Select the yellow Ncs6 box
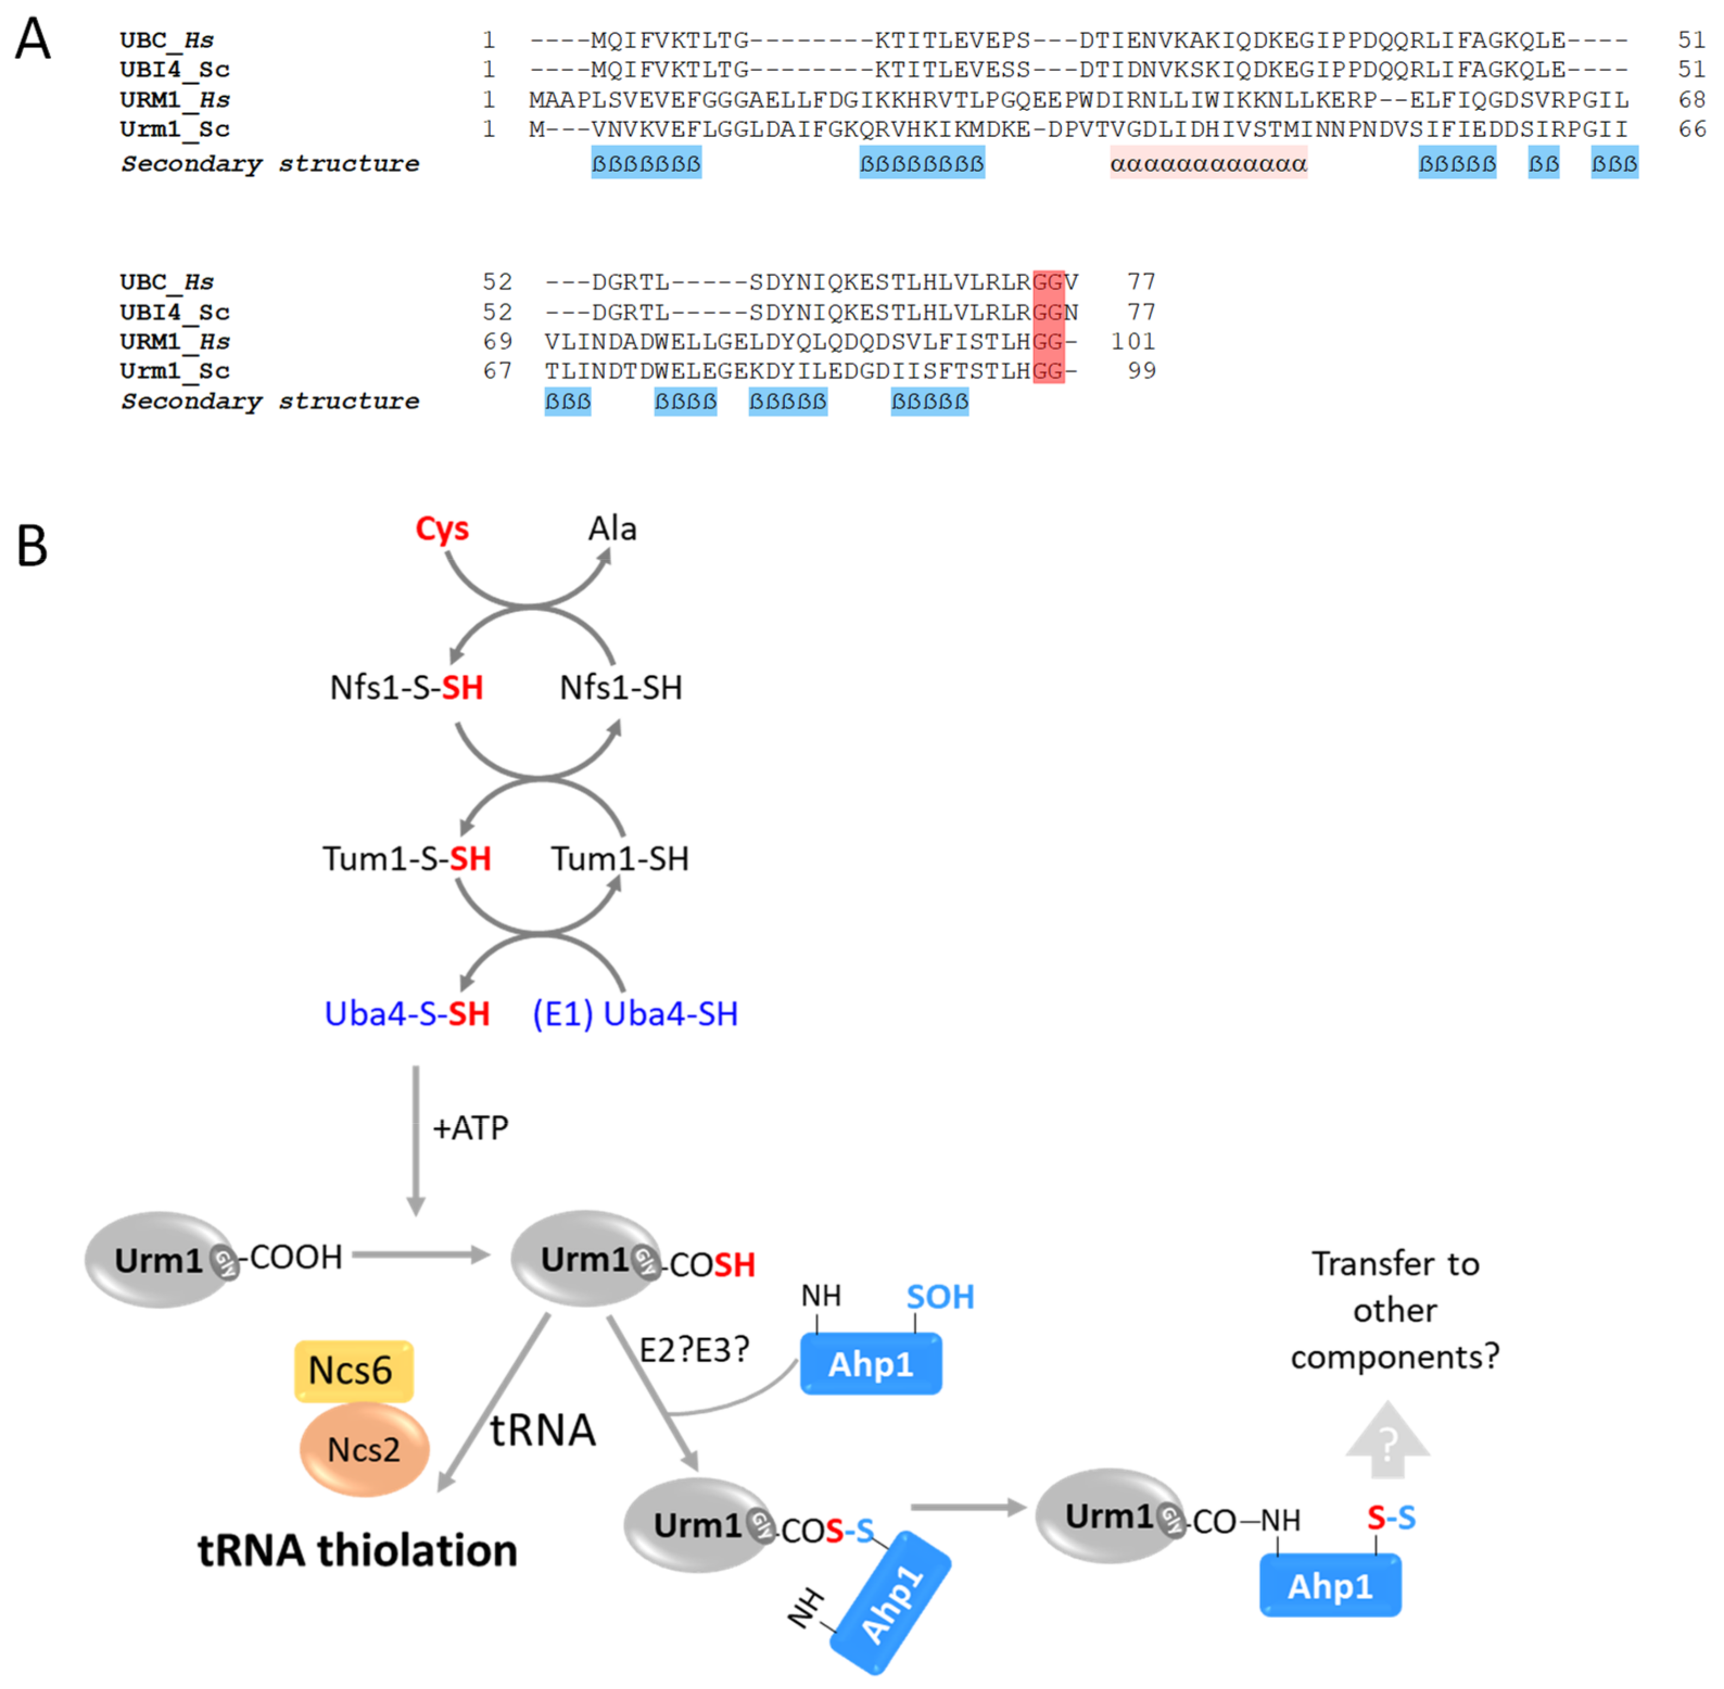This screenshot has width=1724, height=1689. [354, 1370]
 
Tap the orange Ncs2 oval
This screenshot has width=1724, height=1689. [364, 1450]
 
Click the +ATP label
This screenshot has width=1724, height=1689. [470, 1128]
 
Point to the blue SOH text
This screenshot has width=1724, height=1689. [940, 1297]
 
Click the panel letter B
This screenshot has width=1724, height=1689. [32, 547]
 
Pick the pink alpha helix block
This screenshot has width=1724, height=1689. [1208, 164]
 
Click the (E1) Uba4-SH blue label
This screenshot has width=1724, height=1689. [635, 1014]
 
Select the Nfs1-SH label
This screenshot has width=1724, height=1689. [620, 688]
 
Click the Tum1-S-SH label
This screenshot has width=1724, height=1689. [407, 859]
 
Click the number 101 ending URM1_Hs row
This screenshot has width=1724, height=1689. [1133, 341]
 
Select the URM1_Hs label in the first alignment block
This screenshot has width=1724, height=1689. [175, 99]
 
